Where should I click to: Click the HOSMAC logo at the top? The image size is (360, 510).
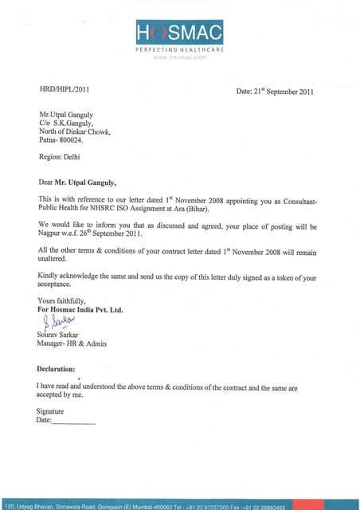179,33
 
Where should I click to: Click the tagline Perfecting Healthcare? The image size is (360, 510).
179,49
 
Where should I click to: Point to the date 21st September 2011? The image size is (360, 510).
276,92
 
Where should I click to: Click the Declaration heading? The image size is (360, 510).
57,369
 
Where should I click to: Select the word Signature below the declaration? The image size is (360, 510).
50,411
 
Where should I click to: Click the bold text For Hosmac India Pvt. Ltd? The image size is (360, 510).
80,309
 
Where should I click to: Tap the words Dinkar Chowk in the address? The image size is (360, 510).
87,131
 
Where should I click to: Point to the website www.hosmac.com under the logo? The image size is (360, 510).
179,57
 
